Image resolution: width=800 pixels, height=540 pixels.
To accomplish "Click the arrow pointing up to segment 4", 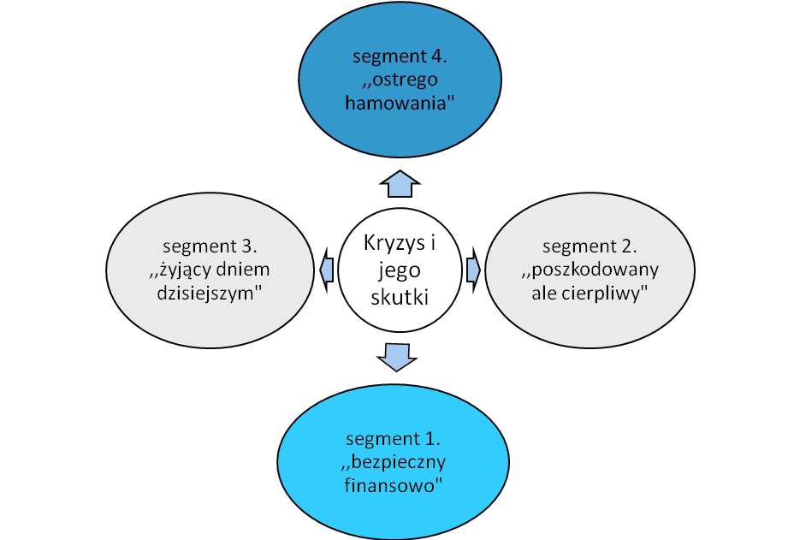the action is [x=400, y=184].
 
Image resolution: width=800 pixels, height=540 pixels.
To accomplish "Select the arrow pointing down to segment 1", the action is [x=397, y=357].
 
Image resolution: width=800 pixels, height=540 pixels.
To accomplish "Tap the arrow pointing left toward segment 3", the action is [x=327, y=270].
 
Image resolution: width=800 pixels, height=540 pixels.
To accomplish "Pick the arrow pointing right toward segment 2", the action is [x=473, y=270].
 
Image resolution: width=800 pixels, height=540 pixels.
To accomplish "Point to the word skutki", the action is [x=400, y=297].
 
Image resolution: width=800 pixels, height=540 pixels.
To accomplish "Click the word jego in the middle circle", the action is [x=400, y=271].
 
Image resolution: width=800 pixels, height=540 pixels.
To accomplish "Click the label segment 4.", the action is [x=400, y=56].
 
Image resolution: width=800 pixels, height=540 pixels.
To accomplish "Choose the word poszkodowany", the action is [x=595, y=270].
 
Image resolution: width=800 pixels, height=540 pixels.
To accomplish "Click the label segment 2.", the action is [x=590, y=246].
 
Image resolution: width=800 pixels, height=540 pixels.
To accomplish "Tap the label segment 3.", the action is [x=210, y=246].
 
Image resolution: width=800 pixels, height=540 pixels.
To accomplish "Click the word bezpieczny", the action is [x=399, y=462].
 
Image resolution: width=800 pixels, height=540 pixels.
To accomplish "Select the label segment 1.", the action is [x=393, y=439].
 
